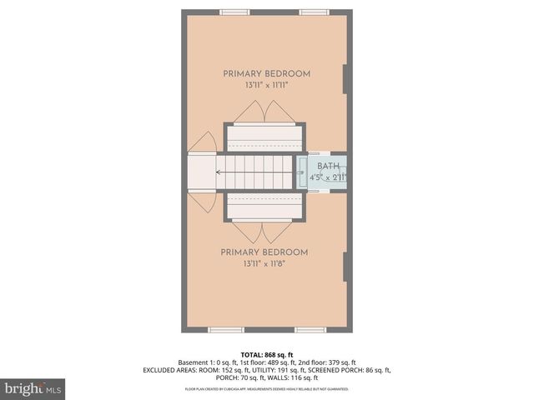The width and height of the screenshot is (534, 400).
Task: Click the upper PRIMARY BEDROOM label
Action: coord(266,73)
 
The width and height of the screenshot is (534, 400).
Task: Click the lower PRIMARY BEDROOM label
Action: coord(264,252)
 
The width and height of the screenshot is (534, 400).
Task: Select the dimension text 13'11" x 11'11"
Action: coord(266,85)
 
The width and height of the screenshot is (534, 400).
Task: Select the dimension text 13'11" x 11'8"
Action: coord(264,264)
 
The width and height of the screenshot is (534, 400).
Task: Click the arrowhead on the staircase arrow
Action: coord(218,172)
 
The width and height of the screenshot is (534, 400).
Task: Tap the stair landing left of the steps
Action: coord(201,172)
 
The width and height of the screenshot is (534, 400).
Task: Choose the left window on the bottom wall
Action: coord(223,330)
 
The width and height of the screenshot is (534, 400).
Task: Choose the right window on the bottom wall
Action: coord(310,330)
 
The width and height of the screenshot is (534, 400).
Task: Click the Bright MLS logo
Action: coord(33,388)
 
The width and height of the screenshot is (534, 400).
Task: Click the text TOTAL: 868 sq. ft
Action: coord(267,354)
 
